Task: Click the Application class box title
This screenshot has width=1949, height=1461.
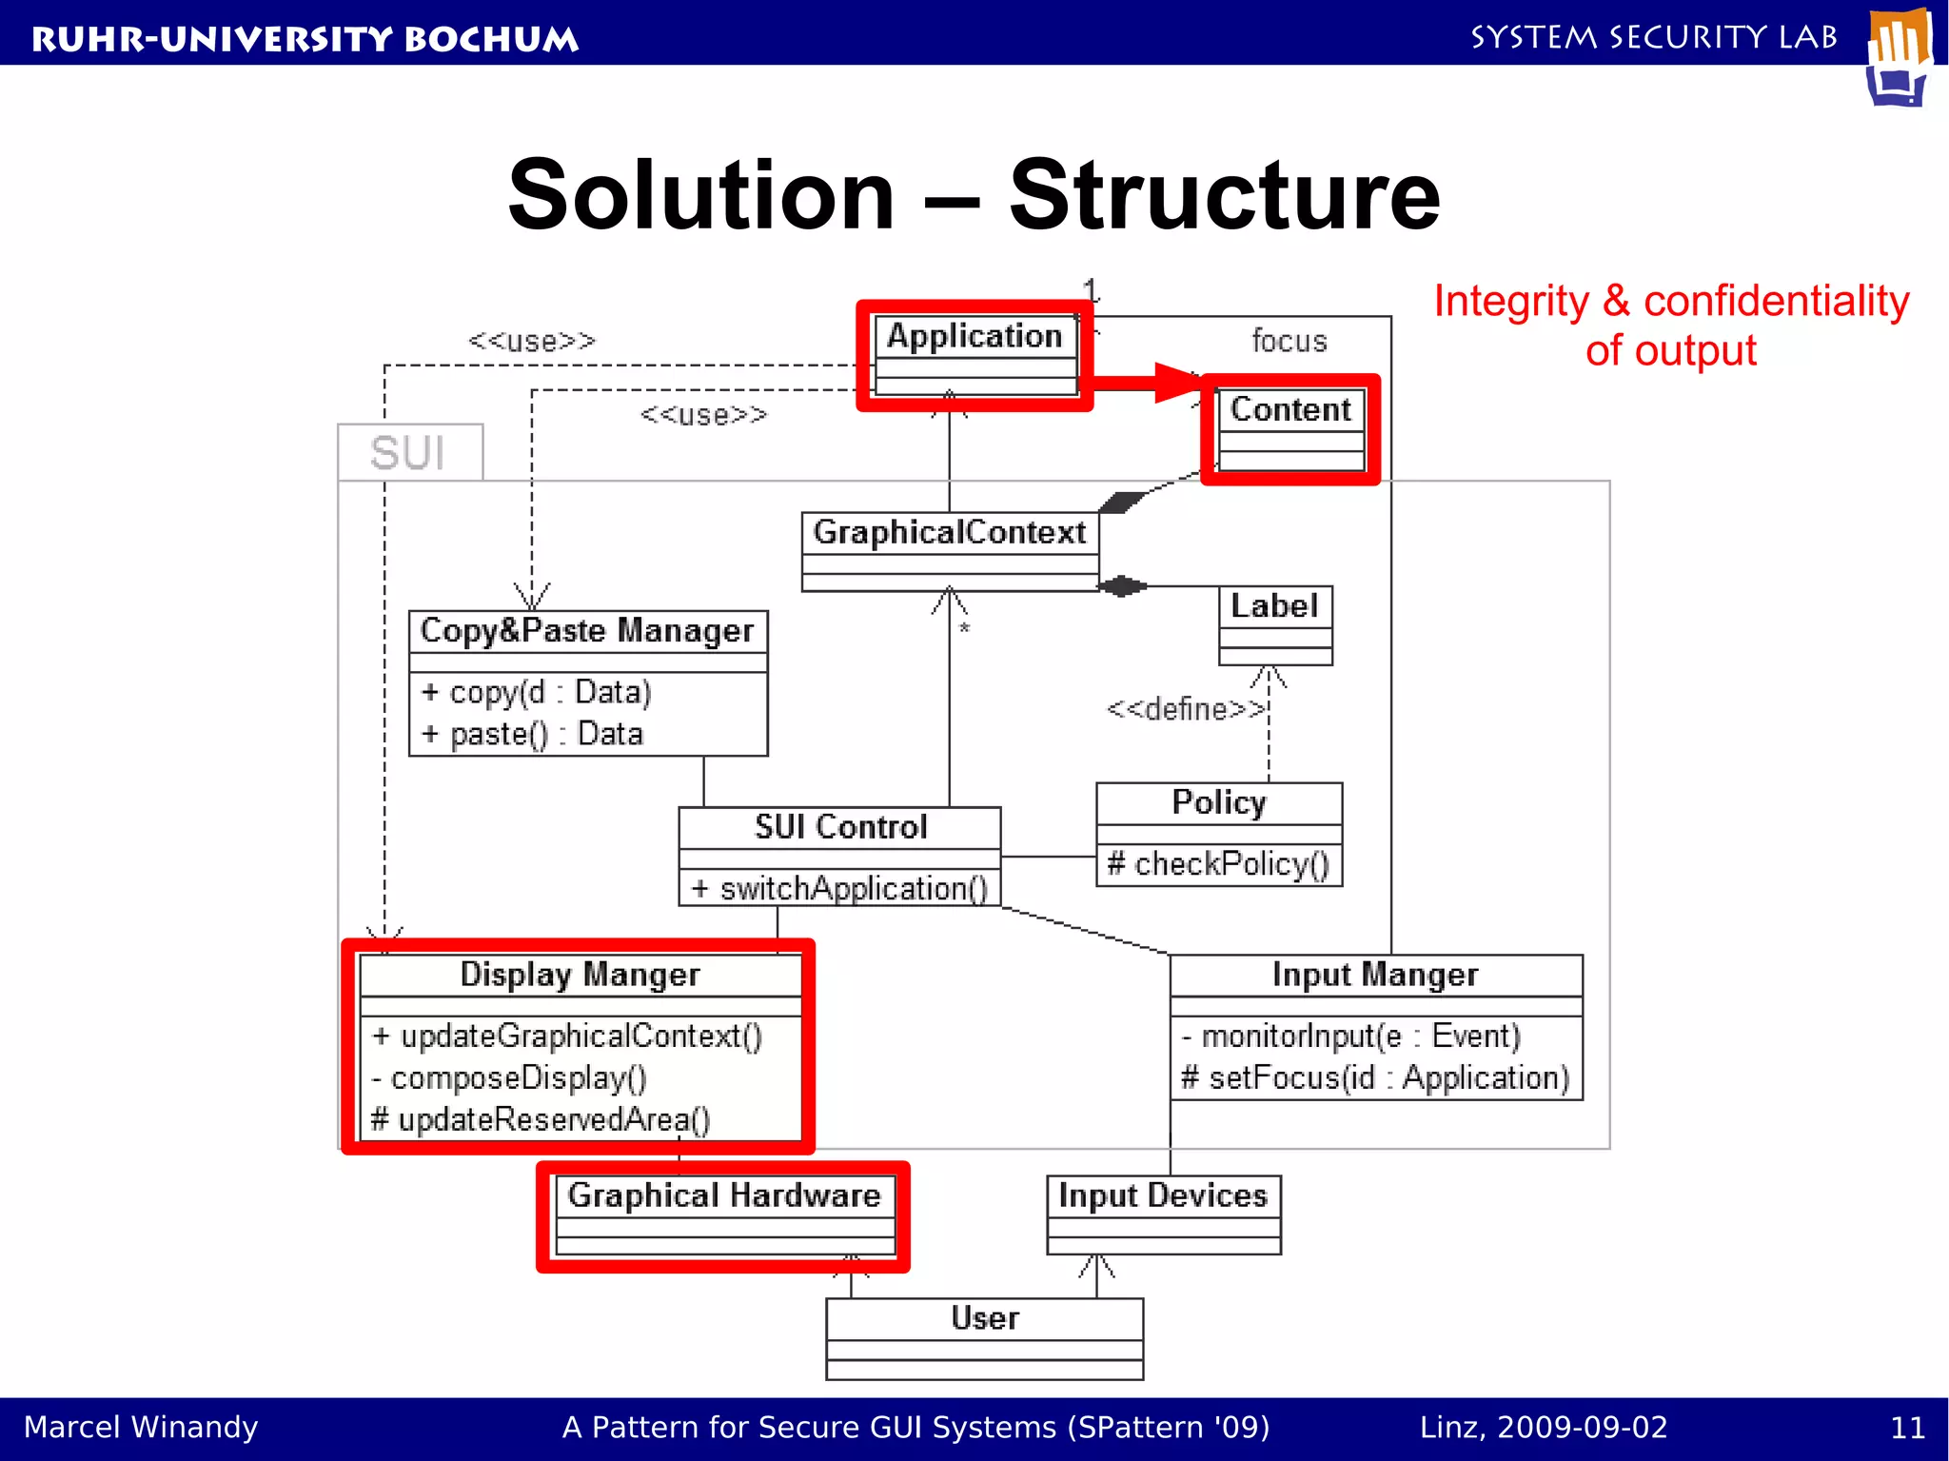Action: pyautogui.click(x=974, y=336)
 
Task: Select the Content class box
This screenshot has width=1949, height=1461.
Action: pyautogui.click(x=1290, y=429)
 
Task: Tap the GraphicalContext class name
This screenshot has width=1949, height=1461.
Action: pyautogui.click(x=949, y=532)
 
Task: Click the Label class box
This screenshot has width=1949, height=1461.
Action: pyautogui.click(x=1275, y=624)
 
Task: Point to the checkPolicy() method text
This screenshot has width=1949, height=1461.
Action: pyautogui.click(x=1218, y=864)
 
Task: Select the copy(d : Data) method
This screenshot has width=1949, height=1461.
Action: pyautogui.click(x=537, y=692)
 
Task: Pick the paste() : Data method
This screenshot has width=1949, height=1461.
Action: pyautogui.click(x=533, y=734)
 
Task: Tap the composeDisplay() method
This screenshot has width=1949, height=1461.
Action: pyautogui.click(x=510, y=1077)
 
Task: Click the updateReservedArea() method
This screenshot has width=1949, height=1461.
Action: pyautogui.click(x=541, y=1119)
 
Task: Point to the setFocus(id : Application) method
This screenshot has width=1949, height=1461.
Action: pyautogui.click(x=1375, y=1077)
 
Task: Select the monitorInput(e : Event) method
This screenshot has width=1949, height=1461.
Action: pyautogui.click(x=1351, y=1036)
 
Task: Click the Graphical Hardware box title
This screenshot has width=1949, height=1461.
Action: pyautogui.click(x=724, y=1195)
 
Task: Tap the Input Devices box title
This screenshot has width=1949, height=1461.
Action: pyautogui.click(x=1163, y=1195)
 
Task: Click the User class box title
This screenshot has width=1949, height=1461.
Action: pyautogui.click(x=985, y=1318)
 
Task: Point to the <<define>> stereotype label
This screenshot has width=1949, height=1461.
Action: pyautogui.click(x=1186, y=709)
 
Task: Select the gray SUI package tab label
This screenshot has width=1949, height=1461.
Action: pyautogui.click(x=407, y=453)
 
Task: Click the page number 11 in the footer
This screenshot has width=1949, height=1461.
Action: pyautogui.click(x=1907, y=1428)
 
